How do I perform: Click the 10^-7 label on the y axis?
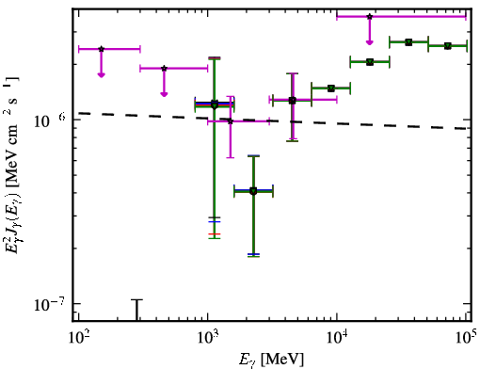coord(50,304)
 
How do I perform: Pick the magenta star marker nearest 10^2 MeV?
coord(101,49)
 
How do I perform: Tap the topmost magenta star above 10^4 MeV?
coord(370,16)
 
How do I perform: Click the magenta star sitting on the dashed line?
coord(231,121)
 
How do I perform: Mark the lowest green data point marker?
coord(253,191)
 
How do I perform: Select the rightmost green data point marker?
coord(448,46)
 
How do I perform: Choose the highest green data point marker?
coord(408,42)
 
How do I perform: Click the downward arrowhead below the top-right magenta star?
coord(370,42)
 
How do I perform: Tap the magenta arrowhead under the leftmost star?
coord(101,74)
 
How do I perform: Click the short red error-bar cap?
coord(215,234)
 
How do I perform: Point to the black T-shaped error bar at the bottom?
coord(136,310)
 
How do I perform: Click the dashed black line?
coord(272,120)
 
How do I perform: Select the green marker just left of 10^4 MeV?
coord(330,88)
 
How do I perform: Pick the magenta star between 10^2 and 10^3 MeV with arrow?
coord(164,68)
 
